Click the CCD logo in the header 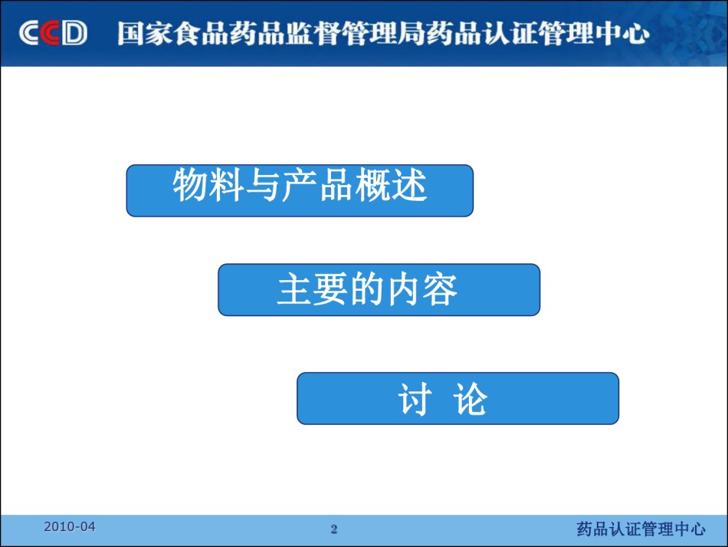(x=53, y=33)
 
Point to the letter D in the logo (x=74, y=33)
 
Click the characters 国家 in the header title (x=145, y=34)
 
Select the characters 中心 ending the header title (x=622, y=34)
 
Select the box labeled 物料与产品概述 (x=300, y=190)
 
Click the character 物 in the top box (x=190, y=185)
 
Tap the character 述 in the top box (x=409, y=185)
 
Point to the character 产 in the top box (x=300, y=185)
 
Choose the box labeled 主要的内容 (x=379, y=290)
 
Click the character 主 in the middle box (x=295, y=289)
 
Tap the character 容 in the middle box (x=440, y=289)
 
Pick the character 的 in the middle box (x=368, y=289)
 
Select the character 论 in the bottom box (x=470, y=399)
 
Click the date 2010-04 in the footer (x=70, y=526)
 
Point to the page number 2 (x=334, y=529)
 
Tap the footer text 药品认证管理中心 (x=641, y=529)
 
